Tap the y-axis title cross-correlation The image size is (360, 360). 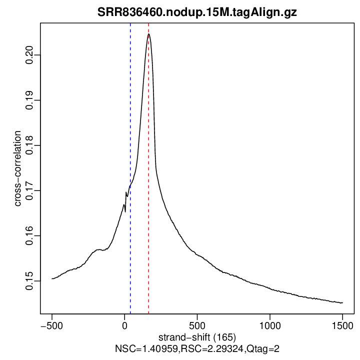click(17, 168)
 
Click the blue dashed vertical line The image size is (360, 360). click(130, 125)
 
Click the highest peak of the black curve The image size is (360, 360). click(148, 34)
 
